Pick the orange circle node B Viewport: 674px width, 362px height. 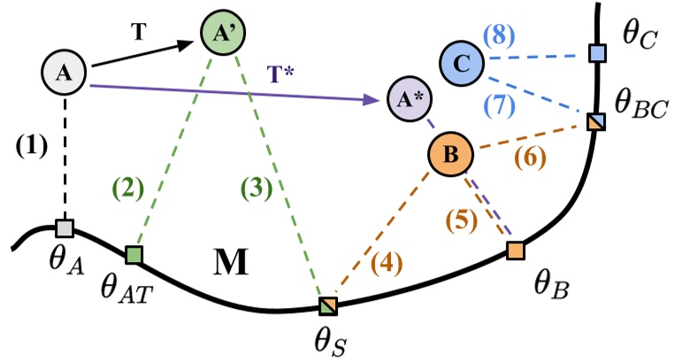point(451,155)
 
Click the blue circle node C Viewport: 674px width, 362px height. point(463,65)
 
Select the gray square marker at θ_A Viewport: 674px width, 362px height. point(64,228)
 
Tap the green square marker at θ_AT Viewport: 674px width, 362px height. point(134,255)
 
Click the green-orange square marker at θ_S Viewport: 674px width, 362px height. point(328,306)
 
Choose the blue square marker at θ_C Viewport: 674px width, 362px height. point(598,55)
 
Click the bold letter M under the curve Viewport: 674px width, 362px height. point(232,263)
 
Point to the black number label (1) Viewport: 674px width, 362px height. point(32,143)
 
